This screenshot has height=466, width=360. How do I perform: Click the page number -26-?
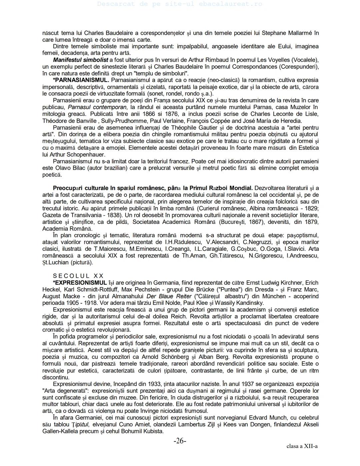point(180,441)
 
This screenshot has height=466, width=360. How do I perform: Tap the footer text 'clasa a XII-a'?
point(302,446)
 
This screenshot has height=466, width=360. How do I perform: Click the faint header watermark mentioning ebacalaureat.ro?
point(180,4)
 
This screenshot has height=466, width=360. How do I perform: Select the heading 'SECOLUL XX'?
point(78,276)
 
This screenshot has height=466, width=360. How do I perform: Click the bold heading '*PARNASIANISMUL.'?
point(81,80)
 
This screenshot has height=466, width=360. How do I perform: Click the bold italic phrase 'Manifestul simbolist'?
point(81,60)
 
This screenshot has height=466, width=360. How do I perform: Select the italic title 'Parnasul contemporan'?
point(97,107)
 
